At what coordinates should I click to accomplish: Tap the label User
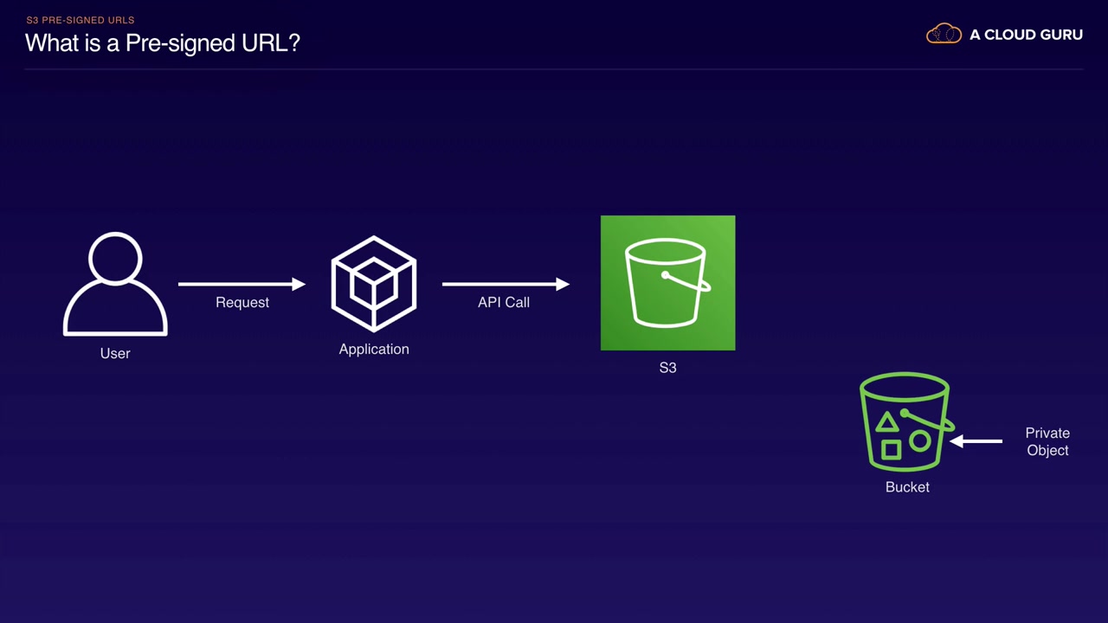click(115, 353)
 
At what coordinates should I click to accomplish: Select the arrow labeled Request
click(242, 284)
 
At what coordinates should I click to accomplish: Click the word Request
click(242, 302)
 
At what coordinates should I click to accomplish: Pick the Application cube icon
click(374, 284)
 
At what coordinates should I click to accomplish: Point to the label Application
click(374, 349)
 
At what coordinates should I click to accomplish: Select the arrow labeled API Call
click(506, 284)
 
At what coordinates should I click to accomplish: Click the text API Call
click(504, 302)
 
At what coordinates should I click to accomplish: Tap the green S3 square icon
click(667, 283)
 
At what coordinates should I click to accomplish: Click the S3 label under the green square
click(667, 368)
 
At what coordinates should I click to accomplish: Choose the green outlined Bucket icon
click(905, 422)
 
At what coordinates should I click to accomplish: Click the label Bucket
click(907, 487)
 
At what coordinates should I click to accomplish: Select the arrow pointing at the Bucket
click(976, 441)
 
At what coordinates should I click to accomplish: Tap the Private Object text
click(1047, 441)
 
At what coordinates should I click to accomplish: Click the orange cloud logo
click(944, 35)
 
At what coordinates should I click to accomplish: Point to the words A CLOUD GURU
click(1026, 35)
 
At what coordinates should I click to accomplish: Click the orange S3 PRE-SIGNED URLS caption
click(81, 20)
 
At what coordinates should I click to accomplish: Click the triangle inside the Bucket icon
click(886, 423)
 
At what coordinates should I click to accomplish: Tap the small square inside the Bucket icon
click(891, 449)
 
